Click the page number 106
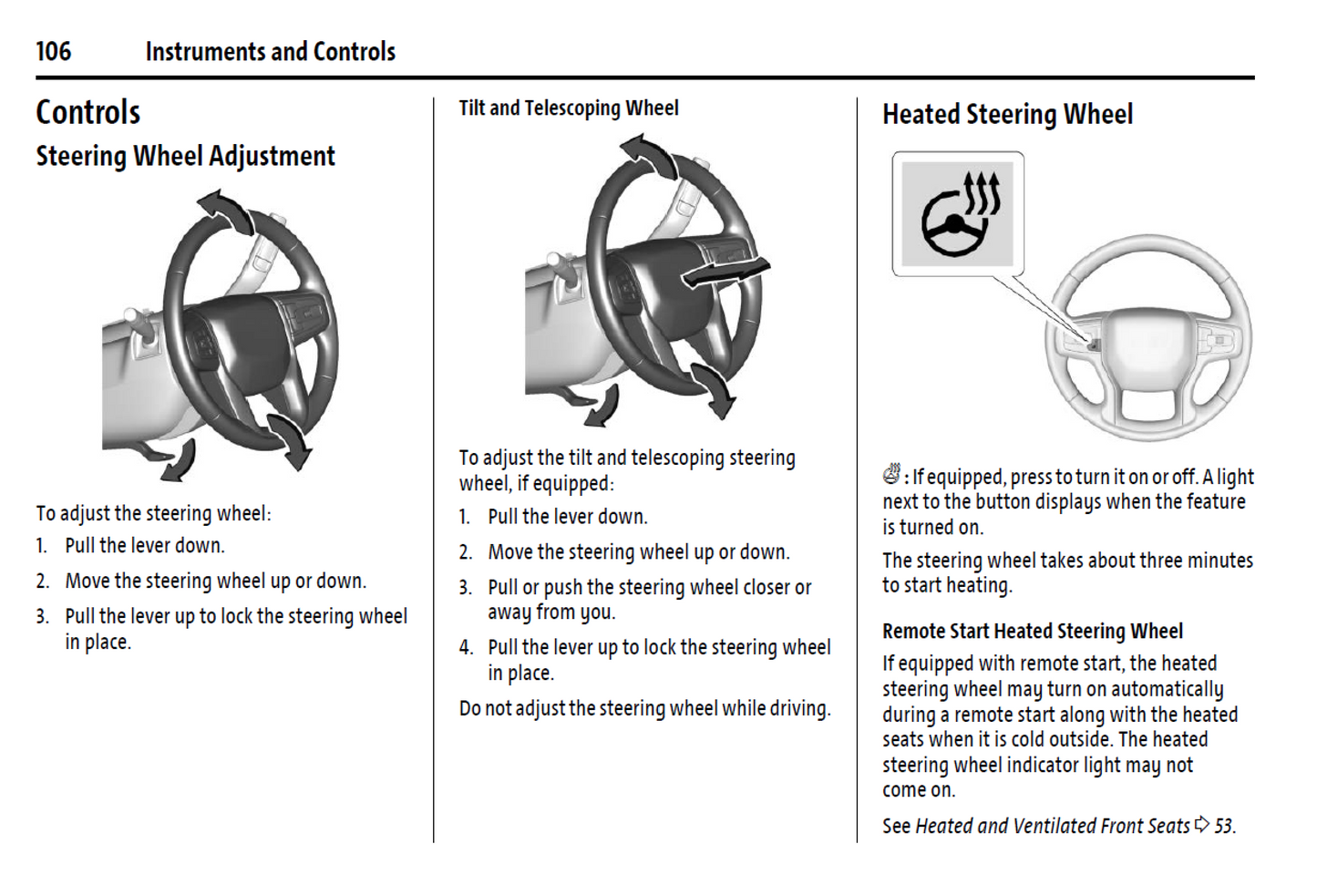point(53,51)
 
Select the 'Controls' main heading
point(87,113)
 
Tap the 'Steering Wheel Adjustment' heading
point(185,157)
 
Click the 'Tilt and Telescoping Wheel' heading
point(568,108)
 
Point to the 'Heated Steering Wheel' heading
point(1007,115)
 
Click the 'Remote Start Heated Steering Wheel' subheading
point(1032,631)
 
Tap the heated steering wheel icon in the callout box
point(958,214)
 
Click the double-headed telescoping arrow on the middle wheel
point(726,272)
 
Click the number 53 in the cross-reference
point(1223,826)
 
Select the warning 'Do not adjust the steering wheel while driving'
point(644,708)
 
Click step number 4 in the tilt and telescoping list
point(466,648)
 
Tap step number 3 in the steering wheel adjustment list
point(42,617)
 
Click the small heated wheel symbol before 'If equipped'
point(891,474)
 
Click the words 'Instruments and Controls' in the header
point(270,52)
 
